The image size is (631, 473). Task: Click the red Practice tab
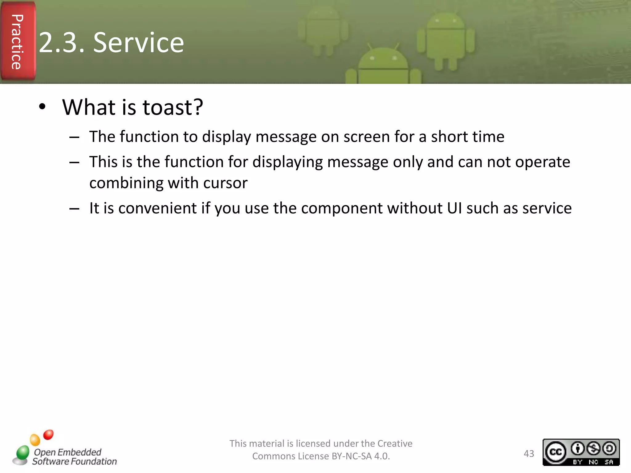pyautogui.click(x=17, y=42)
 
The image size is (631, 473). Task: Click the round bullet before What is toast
pyautogui.click(x=42, y=107)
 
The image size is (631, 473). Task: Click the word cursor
pyautogui.click(x=225, y=183)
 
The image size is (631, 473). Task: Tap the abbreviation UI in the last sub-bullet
pyautogui.click(x=454, y=208)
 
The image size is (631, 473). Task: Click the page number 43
pyautogui.click(x=529, y=454)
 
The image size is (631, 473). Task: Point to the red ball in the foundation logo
pyautogui.click(x=48, y=435)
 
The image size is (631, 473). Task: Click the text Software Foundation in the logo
pyautogui.click(x=75, y=461)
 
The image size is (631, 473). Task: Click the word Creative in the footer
pyautogui.click(x=395, y=443)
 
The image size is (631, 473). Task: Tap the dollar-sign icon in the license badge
pyautogui.click(x=593, y=448)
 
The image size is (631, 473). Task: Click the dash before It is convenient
pyautogui.click(x=74, y=209)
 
